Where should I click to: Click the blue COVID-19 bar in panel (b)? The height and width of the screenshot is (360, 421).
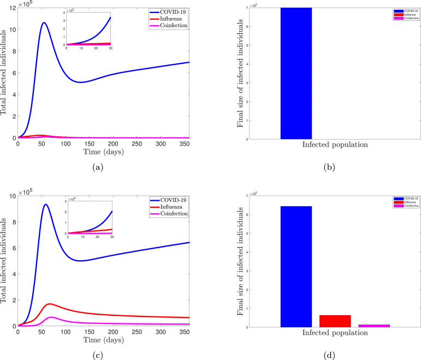point(296,73)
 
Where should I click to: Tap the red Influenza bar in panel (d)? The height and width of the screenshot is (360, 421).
point(335,321)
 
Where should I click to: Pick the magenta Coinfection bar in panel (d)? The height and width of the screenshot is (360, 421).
point(374,326)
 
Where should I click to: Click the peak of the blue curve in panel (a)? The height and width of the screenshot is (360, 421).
point(44,23)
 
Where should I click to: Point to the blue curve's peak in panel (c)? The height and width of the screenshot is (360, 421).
point(46,205)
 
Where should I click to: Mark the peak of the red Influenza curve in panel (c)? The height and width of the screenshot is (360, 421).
point(50,303)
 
